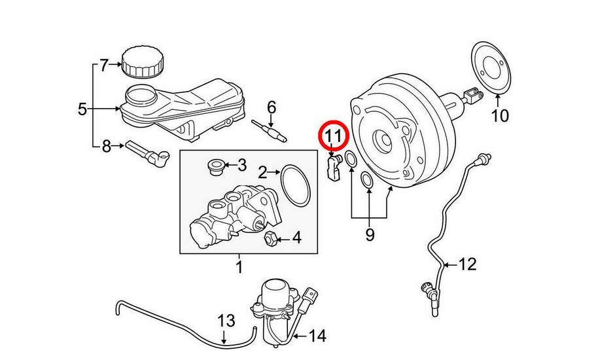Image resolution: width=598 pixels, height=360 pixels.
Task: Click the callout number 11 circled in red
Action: pos(333,136)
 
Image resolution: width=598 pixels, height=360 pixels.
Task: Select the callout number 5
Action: pos(82,109)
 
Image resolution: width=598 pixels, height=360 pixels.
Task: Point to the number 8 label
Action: pos(107,147)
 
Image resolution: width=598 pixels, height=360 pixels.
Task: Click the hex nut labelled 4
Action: pos(269,239)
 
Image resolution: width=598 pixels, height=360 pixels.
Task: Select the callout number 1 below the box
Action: pos(239,266)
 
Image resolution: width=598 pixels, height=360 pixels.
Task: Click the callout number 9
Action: pos(370,234)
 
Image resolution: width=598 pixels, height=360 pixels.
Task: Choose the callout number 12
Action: pos(468,264)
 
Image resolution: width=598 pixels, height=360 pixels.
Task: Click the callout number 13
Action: pos(226,321)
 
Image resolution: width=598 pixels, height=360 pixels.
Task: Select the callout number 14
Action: pos(317,336)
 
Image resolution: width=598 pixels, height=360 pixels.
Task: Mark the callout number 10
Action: pos(499,117)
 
